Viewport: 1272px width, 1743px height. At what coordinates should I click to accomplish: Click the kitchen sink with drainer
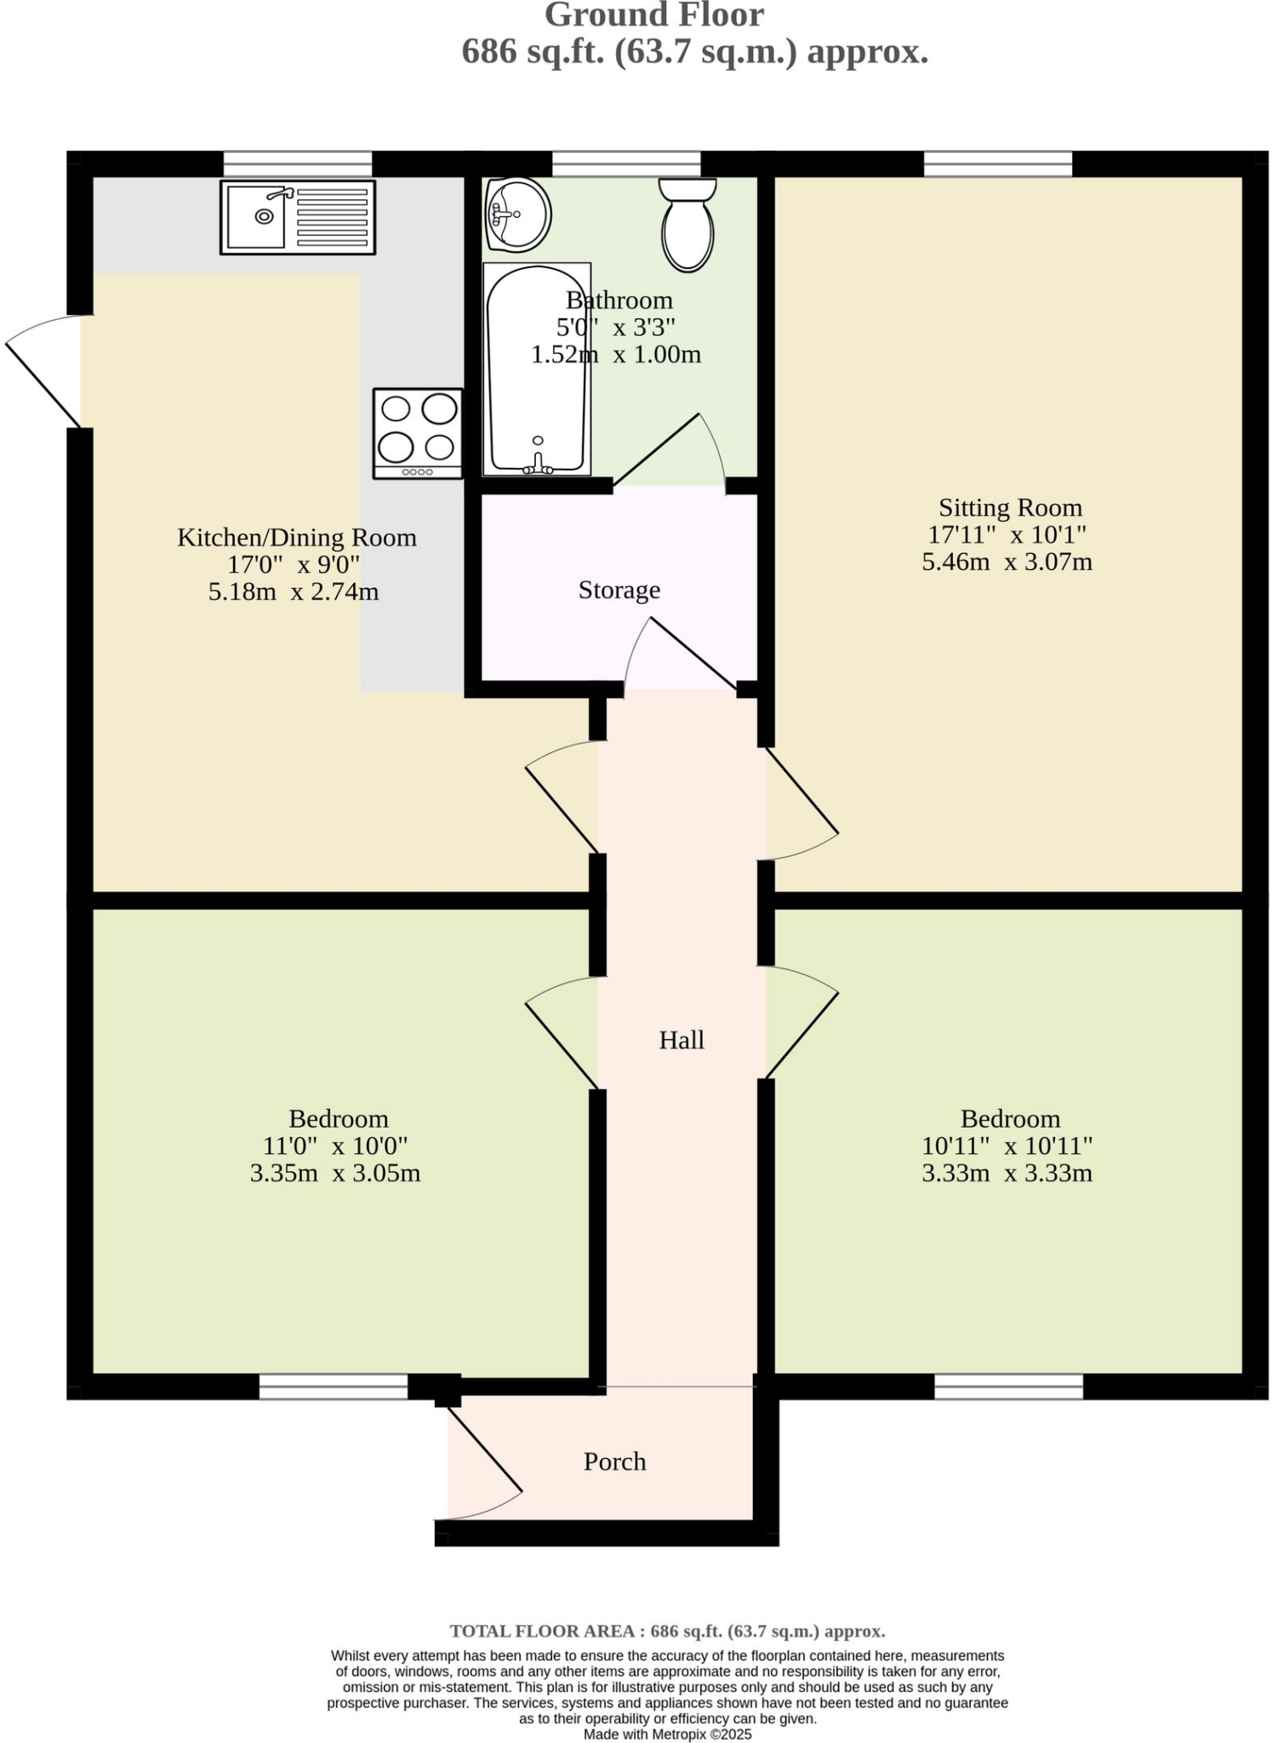coord(297,217)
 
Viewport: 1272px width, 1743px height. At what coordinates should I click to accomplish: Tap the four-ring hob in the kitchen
coord(418,433)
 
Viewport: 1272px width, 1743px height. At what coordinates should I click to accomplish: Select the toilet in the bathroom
coord(687,226)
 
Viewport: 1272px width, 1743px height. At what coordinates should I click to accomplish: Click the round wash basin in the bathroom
coord(517,214)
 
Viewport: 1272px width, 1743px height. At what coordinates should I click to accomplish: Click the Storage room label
coord(619,590)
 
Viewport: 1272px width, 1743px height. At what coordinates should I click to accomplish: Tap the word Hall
coord(682,1040)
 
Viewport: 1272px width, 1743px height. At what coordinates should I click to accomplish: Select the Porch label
coord(614,1461)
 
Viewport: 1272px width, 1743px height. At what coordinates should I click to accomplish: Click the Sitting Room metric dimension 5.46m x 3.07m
coord(1007,562)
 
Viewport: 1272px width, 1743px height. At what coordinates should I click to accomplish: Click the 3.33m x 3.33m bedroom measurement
coord(1007,1173)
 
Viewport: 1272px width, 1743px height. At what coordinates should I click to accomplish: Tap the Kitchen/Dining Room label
coord(297,538)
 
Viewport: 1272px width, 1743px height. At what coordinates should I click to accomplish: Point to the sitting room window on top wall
coord(997,163)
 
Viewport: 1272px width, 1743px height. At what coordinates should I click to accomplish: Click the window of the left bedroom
coord(333,1387)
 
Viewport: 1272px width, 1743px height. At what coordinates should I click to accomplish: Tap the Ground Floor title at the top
coord(653,15)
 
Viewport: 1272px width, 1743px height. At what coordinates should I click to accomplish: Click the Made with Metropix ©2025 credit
coord(667,1734)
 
